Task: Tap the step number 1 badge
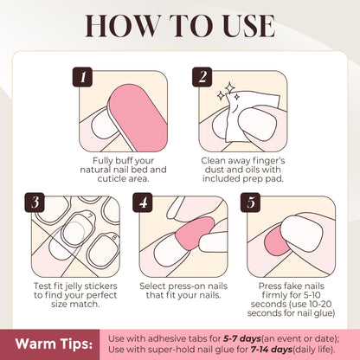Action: click(83, 77)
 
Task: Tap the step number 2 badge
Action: click(205, 77)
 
